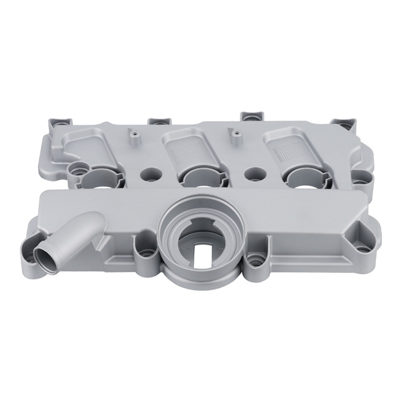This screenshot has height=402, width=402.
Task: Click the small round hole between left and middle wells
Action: [x=149, y=173]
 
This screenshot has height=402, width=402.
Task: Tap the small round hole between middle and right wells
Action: [x=253, y=173]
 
